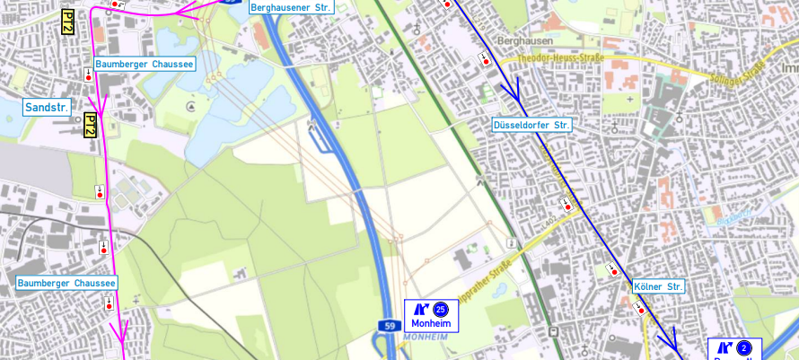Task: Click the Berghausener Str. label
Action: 291,7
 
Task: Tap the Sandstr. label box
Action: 48,108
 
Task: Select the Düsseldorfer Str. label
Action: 531,125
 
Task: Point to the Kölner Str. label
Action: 658,287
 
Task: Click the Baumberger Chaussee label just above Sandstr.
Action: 145,65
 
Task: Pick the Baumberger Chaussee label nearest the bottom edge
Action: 66,283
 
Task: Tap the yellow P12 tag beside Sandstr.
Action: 90,126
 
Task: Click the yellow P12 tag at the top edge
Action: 67,22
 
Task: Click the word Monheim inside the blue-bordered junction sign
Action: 430,323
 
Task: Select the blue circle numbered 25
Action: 440,309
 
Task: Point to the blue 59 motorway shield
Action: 388,325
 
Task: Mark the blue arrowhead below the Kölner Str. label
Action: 669,339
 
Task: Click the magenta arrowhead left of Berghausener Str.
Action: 185,11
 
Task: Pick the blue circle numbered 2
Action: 744,348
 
